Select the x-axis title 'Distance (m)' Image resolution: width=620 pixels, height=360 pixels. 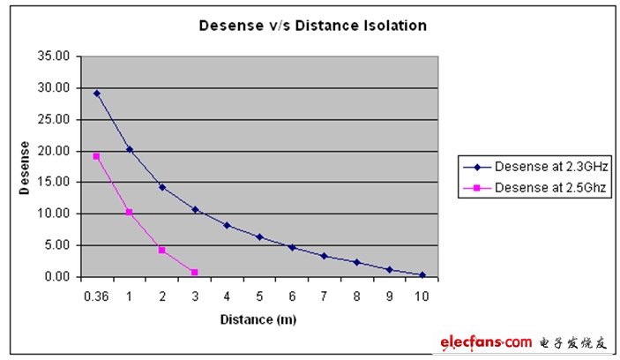[x=259, y=319]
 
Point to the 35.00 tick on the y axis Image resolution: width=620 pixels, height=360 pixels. [x=58, y=56]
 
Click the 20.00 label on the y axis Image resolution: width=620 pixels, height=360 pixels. [x=58, y=151]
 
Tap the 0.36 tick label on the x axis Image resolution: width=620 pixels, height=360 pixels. [x=96, y=296]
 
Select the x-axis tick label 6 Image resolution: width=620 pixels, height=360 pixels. [x=292, y=296]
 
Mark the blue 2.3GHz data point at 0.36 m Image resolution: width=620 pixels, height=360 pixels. [x=96, y=93]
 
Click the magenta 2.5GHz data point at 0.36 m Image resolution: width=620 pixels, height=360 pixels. [x=96, y=156]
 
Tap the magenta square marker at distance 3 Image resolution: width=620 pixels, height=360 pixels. [x=194, y=272]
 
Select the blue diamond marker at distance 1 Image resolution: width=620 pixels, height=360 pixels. [x=130, y=149]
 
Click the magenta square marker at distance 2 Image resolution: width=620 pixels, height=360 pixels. [x=162, y=250]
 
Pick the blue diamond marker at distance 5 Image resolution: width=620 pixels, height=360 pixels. [x=259, y=236]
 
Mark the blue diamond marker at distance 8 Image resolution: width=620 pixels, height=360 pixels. [x=357, y=262]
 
